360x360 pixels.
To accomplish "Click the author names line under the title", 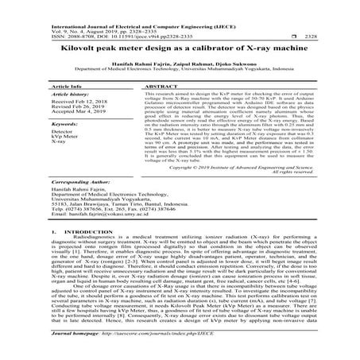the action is (x=180, y=64).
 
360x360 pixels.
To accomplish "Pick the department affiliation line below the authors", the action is (x=180, y=71).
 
